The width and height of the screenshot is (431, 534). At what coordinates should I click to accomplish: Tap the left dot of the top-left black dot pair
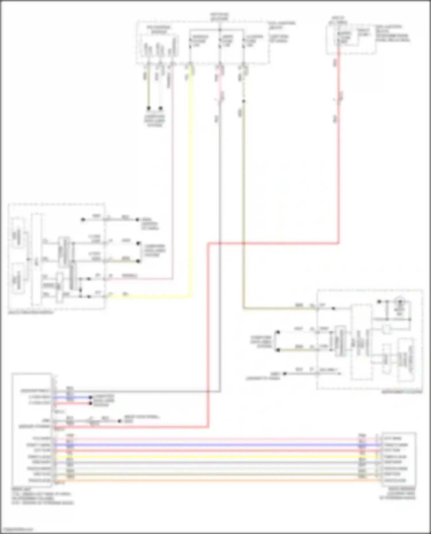tap(149, 108)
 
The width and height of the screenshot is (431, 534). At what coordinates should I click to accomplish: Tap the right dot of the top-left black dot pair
tap(161, 108)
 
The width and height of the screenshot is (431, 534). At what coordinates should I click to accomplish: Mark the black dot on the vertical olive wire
tap(243, 101)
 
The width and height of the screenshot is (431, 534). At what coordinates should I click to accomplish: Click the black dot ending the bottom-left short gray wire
tap(119, 421)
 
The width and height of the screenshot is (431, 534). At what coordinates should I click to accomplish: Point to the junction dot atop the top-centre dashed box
tap(220, 30)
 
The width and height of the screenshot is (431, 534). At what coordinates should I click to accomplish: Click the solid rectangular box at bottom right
tap(399, 459)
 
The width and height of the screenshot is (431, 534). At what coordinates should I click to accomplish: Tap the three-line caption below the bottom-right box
tap(398, 493)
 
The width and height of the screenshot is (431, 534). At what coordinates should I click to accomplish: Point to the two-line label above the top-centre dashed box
tap(220, 17)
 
